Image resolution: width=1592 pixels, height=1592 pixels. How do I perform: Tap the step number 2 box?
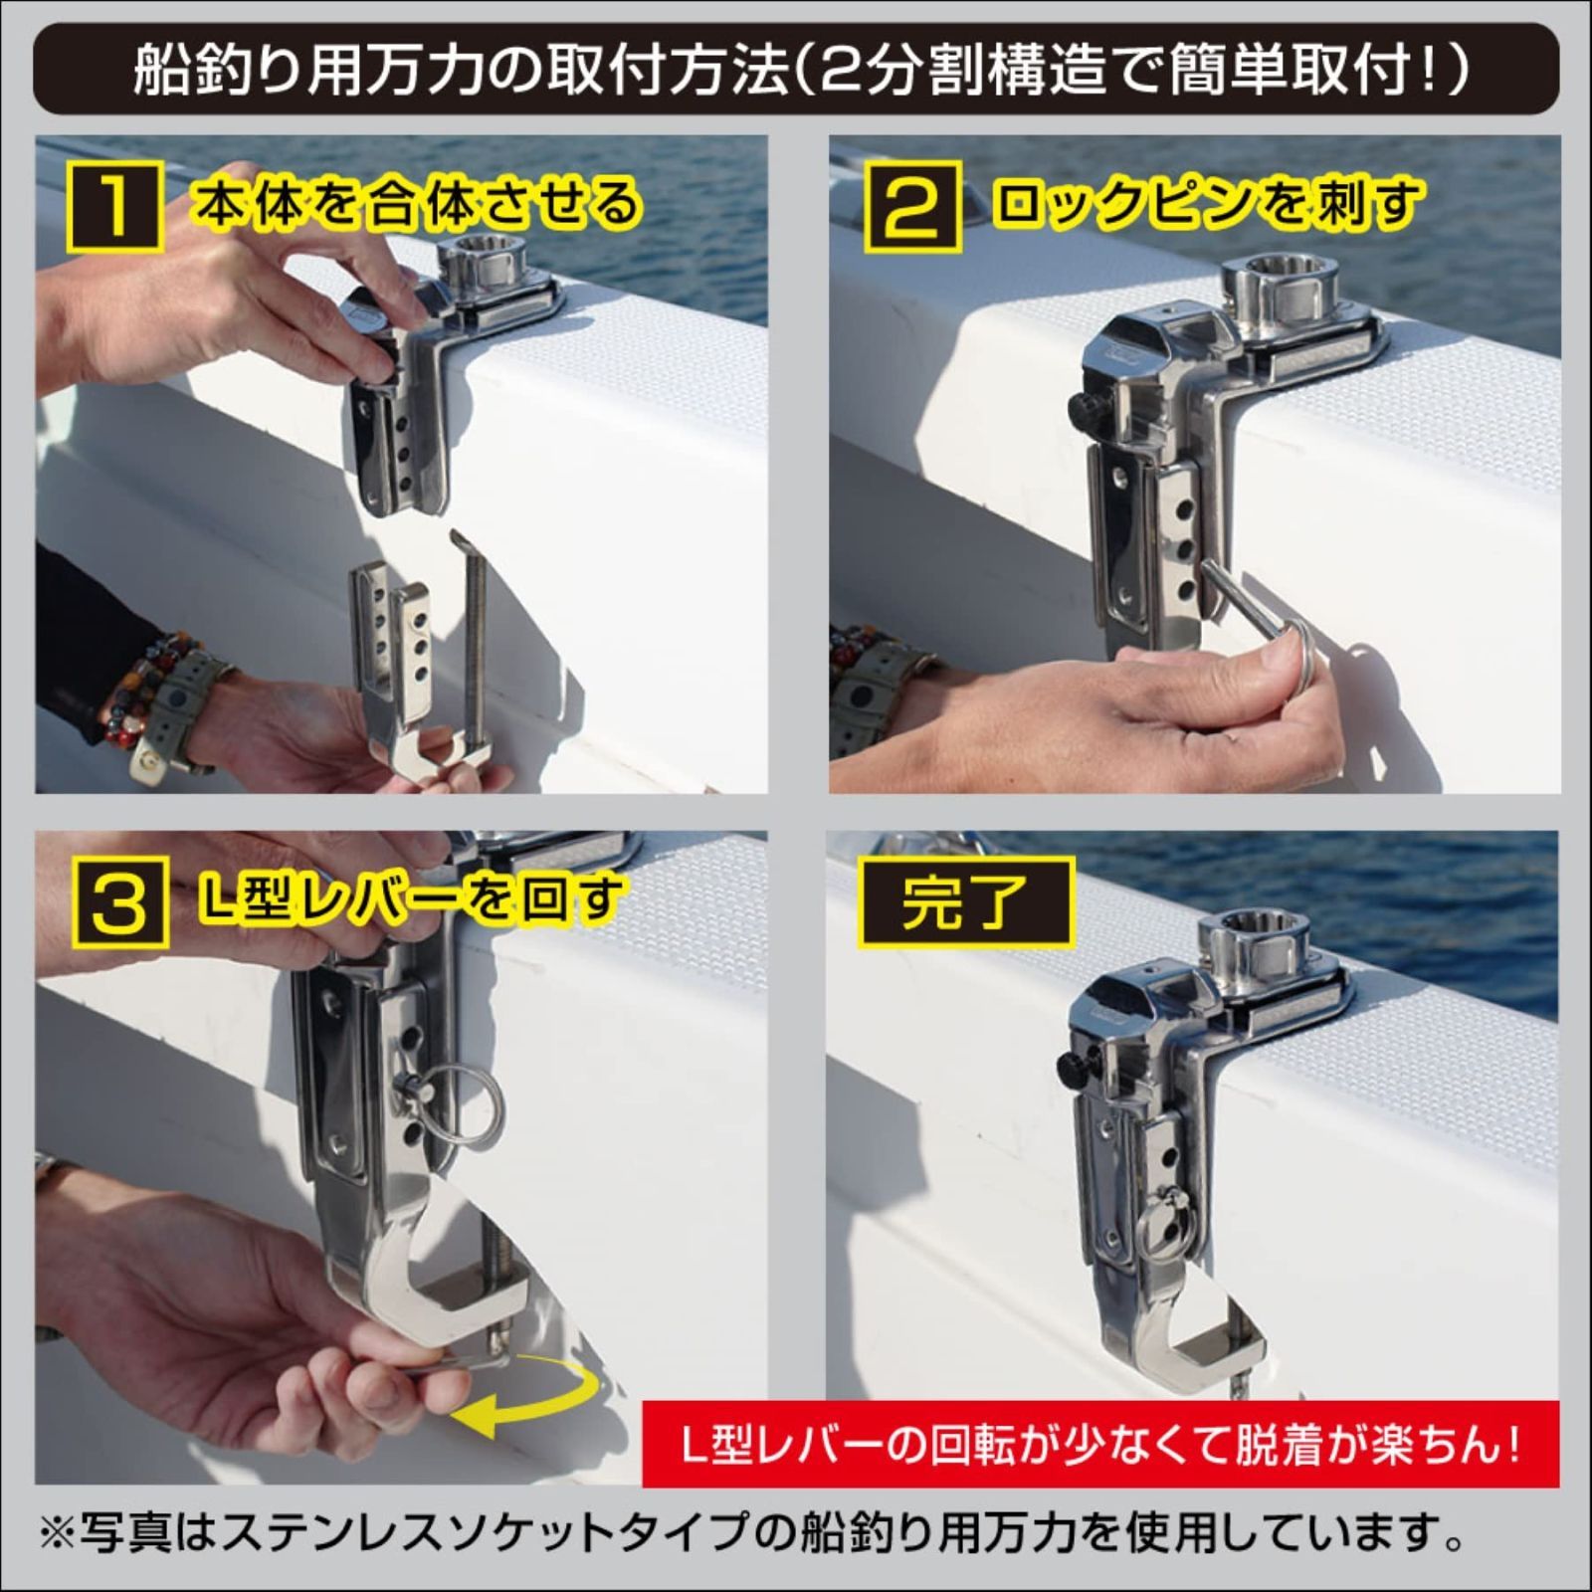coord(911,206)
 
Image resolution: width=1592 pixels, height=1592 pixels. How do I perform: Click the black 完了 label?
coord(964,903)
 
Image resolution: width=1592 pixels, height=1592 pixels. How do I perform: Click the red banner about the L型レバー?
coord(1099,1443)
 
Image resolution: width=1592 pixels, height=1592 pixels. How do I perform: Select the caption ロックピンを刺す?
coord(1206,204)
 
